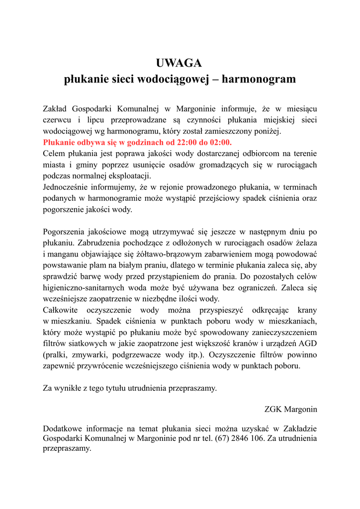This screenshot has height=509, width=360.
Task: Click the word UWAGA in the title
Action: [180, 63]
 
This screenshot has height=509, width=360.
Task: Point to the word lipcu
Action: [96, 120]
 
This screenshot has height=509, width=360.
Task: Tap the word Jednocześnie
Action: [67, 187]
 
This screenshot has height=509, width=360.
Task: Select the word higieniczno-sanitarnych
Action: [83, 288]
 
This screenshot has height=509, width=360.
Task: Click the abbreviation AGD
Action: [308, 343]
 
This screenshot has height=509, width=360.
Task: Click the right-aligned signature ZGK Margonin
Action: [291, 410]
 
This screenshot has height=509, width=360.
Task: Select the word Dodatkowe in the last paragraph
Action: [62, 428]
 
